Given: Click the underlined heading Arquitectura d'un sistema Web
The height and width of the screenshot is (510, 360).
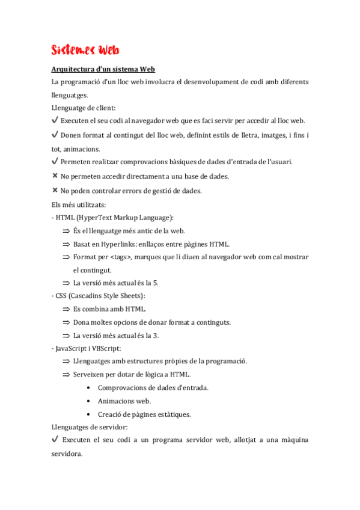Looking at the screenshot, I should [103, 69].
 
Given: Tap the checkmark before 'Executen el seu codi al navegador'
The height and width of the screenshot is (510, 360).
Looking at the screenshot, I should [55, 120].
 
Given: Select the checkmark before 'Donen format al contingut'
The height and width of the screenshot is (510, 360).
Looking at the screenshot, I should [55, 134].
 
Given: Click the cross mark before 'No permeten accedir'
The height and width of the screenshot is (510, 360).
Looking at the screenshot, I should [55, 176].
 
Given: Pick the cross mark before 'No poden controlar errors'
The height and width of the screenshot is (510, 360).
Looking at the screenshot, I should [55, 190].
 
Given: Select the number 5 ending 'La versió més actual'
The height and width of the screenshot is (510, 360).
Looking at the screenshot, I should [156, 283].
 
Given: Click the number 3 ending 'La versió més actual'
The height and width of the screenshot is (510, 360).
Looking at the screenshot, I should [156, 336].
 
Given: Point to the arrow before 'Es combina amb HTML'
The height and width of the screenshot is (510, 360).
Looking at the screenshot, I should [66, 310].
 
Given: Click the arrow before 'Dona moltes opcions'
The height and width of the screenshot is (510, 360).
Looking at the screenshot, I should [66, 323].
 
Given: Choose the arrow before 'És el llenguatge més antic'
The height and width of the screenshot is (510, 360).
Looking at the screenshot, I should [66, 231].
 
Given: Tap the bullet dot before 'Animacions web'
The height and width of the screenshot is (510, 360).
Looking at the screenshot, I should [88, 401].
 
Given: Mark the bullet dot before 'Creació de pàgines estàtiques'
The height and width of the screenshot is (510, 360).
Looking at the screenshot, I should [88, 414].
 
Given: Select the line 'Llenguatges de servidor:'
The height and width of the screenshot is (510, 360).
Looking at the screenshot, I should [90, 427].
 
